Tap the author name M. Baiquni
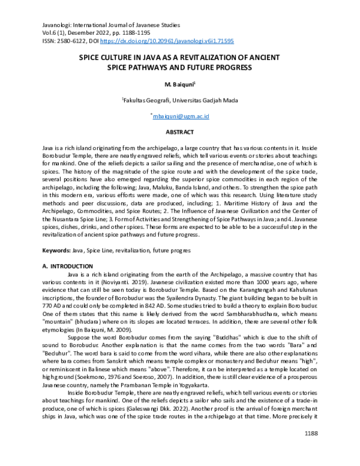click(x=179, y=83)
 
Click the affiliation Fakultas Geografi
click(x=145, y=100)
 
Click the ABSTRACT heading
click(x=179, y=132)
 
